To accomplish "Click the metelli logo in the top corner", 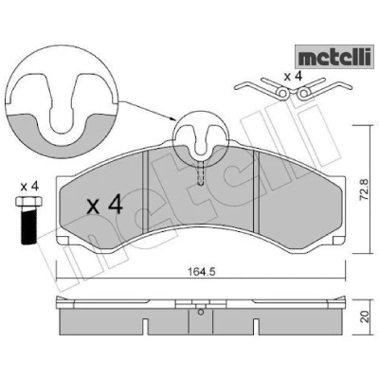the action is click(334, 57).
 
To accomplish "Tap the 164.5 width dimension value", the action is click(202, 272).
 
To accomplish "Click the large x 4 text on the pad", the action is click(105, 205).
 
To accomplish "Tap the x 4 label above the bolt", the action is click(29, 187).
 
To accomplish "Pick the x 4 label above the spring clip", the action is click(293, 76).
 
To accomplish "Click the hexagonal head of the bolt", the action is click(29, 201).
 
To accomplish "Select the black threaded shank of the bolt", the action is click(29, 226).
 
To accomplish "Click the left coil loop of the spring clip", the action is click(282, 93).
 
